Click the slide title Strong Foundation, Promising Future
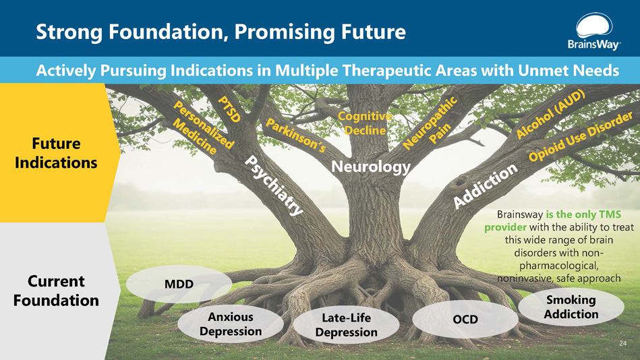221,31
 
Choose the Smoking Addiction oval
571,307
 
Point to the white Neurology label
370,166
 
